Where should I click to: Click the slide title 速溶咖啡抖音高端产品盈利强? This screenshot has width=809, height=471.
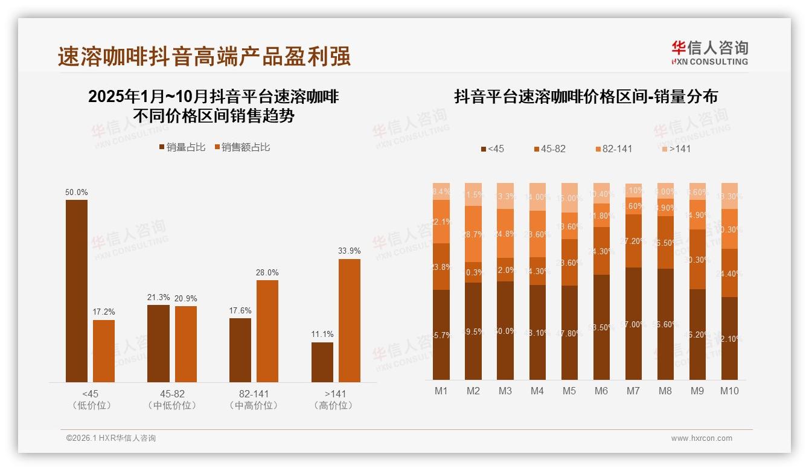(x=204, y=56)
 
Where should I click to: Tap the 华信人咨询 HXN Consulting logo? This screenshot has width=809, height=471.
(x=709, y=53)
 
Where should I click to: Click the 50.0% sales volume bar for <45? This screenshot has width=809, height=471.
(x=77, y=290)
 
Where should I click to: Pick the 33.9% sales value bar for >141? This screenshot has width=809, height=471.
(x=350, y=320)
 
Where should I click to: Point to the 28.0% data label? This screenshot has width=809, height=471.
(x=267, y=273)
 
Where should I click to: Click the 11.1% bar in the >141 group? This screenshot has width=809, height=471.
(x=322, y=362)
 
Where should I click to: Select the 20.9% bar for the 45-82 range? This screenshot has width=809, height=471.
(x=186, y=344)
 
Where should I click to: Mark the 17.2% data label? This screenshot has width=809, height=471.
(x=104, y=312)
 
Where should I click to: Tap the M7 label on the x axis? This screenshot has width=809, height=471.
(x=633, y=391)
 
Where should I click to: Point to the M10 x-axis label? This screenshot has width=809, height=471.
(x=729, y=391)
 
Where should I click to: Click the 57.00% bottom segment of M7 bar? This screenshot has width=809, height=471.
(x=633, y=324)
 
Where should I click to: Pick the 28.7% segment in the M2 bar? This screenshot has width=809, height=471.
(x=473, y=234)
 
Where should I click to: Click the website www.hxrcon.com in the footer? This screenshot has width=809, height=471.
(x=701, y=438)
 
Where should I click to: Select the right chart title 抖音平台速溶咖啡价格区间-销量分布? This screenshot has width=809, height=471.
(x=586, y=97)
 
